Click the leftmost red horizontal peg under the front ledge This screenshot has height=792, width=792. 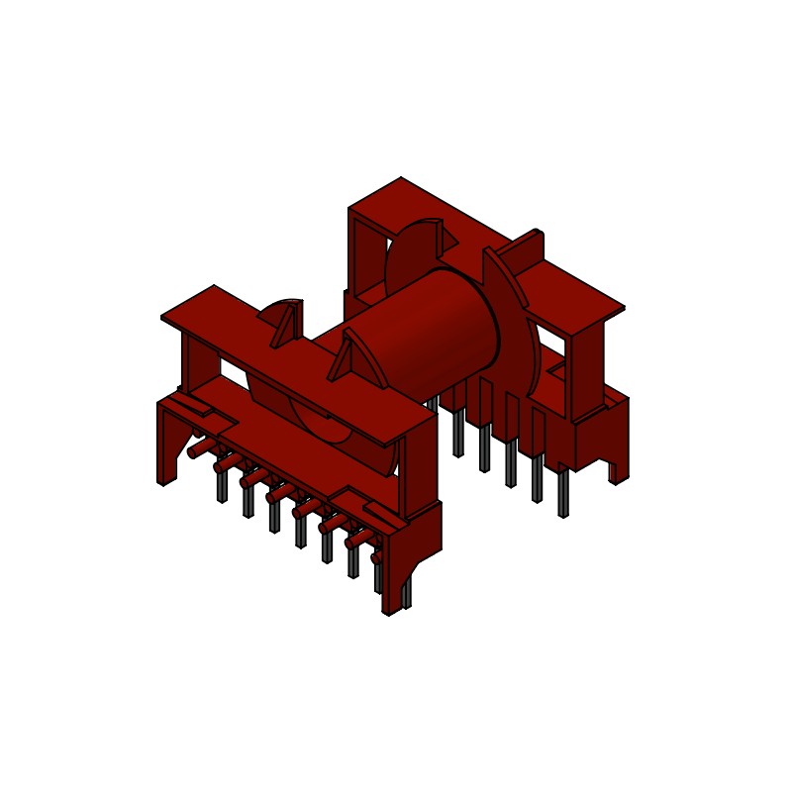point(196,449)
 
